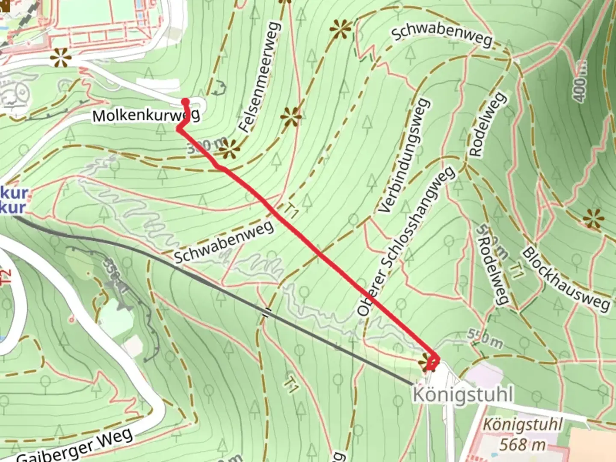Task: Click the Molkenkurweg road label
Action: pos(146,115)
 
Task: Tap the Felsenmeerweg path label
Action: pos(260,77)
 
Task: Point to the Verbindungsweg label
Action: pos(404,156)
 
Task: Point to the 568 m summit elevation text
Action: pos(523,445)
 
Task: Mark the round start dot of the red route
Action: pos(185,101)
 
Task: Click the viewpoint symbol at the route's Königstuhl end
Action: pos(427,363)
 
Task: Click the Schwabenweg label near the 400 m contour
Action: pos(442,34)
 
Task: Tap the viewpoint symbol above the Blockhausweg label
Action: pos(593,219)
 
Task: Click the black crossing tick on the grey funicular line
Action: pos(267,312)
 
